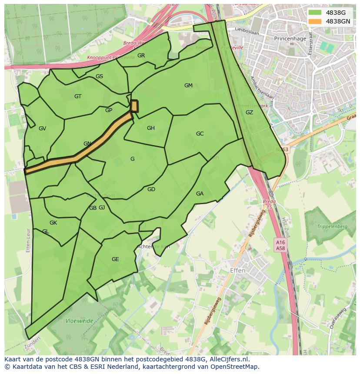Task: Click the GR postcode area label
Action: pyautogui.click(x=141, y=56)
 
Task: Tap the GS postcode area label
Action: pyautogui.click(x=99, y=76)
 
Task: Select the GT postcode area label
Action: pyautogui.click(x=78, y=96)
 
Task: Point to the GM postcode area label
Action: pyautogui.click(x=188, y=86)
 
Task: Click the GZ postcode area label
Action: pyautogui.click(x=249, y=113)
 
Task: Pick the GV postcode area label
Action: pyautogui.click(x=42, y=129)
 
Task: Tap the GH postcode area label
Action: pyautogui.click(x=151, y=128)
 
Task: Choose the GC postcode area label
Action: pyautogui.click(x=200, y=134)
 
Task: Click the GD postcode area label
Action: pyautogui.click(x=151, y=189)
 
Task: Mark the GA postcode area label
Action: pyautogui.click(x=200, y=194)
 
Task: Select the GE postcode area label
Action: pyautogui.click(x=115, y=259)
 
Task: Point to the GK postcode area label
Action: pyautogui.click(x=53, y=223)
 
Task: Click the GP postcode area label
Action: pyautogui.click(x=109, y=110)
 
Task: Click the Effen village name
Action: pyautogui.click(x=237, y=271)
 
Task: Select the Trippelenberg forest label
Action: pyautogui.click(x=332, y=227)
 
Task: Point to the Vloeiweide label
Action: pyautogui.click(x=79, y=321)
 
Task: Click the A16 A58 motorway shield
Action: pyautogui.click(x=280, y=245)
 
